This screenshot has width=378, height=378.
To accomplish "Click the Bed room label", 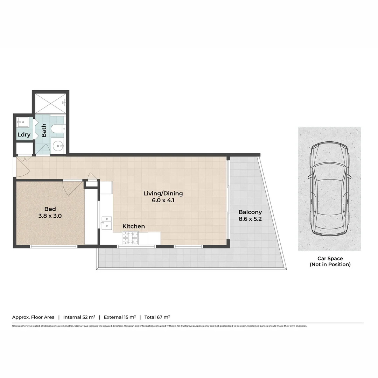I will point(50,209).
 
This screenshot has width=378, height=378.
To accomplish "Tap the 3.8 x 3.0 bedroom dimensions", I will point(50,216).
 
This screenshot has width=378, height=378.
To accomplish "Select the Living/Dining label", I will point(163,193).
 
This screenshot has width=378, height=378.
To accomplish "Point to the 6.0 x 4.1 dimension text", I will point(163,200).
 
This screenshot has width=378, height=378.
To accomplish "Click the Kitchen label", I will point(133,226).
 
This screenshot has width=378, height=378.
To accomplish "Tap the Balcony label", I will point(250,212).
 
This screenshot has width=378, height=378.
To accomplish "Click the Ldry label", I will point(24,135).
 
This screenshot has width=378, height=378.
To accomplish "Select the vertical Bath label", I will point(44,131).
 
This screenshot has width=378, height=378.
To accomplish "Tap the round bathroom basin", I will point(57,145).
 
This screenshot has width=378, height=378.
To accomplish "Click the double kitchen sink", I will point(106,223).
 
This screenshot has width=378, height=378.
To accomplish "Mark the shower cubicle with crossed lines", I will point(50,103).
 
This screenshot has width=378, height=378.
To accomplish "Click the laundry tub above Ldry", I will point(23,122).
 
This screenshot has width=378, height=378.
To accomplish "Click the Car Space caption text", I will point(330,261).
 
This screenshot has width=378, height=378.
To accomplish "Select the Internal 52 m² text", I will point(79,317).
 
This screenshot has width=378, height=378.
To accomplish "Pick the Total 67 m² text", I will point(157,317).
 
